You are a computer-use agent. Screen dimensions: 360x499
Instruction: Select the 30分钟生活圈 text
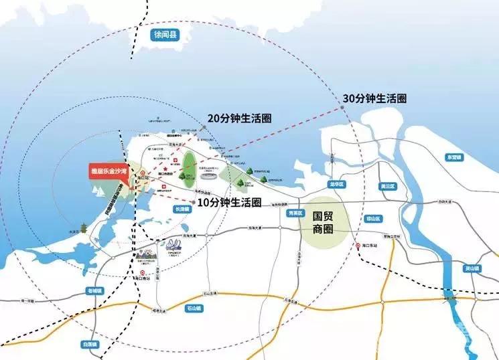374,98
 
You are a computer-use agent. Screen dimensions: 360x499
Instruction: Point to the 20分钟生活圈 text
239,118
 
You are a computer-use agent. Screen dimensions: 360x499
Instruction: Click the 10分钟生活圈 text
230,201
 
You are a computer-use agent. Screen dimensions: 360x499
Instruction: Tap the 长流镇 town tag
182,209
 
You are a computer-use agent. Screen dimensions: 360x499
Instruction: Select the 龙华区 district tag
335,183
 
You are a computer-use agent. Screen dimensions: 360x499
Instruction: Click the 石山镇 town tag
194,308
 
